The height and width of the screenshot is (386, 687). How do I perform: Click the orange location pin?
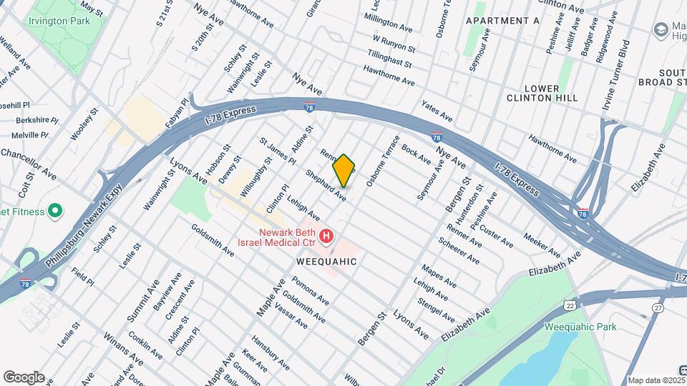(344, 170)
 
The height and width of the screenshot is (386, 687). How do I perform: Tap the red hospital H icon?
(326, 235)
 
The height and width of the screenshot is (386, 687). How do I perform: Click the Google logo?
(24, 377)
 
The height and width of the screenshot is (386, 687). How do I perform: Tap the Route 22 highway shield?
(570, 305)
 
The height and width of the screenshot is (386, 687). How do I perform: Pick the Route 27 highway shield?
(658, 308)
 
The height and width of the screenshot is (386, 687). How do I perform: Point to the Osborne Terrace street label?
(380, 162)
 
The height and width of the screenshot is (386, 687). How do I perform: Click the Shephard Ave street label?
(326, 184)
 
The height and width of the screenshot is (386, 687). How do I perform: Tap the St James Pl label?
(278, 152)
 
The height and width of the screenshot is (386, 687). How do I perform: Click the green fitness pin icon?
(55, 212)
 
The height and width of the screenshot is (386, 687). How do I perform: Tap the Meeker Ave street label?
(542, 244)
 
